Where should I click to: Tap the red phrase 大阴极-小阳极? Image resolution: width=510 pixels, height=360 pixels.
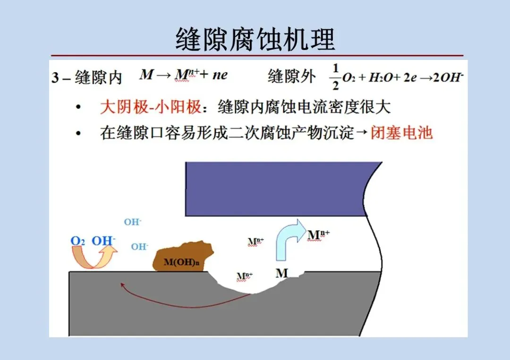click(x=150, y=107)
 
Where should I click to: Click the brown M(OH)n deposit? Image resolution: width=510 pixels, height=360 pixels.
click(x=182, y=258)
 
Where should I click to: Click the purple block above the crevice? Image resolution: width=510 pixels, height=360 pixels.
click(x=279, y=189)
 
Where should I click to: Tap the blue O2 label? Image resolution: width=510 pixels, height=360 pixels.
click(x=77, y=241)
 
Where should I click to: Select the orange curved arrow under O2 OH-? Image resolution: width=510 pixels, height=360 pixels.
click(x=94, y=258)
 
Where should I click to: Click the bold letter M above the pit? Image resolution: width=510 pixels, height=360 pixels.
click(x=281, y=273)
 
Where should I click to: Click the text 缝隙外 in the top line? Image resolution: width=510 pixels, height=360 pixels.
click(x=291, y=76)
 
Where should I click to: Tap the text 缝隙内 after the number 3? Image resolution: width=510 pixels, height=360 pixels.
click(x=99, y=77)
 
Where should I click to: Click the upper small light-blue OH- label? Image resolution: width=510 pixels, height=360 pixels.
click(x=133, y=222)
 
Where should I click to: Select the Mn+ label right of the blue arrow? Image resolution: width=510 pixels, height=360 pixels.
click(x=318, y=234)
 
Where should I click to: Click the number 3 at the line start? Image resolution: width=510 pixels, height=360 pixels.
click(x=55, y=78)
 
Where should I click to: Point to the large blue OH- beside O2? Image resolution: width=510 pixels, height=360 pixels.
click(x=103, y=241)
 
